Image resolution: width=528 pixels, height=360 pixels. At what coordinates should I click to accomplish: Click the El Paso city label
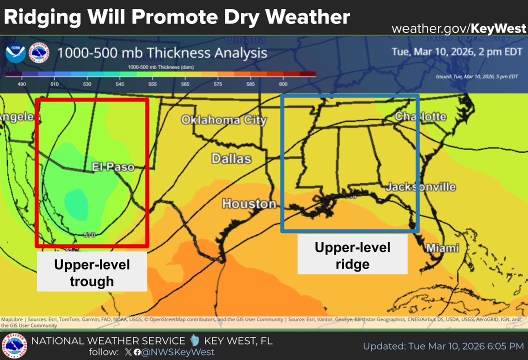coord(113,167)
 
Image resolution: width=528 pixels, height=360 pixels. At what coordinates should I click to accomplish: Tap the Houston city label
coord(249,204)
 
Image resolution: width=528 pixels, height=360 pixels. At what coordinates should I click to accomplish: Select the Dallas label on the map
coord(231,159)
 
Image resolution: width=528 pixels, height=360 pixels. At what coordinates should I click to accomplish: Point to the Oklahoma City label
coord(223,120)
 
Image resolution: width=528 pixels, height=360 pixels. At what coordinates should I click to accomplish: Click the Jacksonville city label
coord(420,187)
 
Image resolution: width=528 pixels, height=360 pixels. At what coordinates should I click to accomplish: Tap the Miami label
coord(442,248)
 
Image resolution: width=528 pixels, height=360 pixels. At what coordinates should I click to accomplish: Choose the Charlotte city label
coord(420,116)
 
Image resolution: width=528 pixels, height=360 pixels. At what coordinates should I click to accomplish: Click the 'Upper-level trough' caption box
coord(92,272)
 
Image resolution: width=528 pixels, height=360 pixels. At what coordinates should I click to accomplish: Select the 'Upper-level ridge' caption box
coord(352,255)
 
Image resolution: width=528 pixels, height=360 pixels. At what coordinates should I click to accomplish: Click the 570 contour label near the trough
coord(89,234)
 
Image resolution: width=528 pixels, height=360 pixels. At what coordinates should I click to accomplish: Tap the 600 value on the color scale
coord(283,84)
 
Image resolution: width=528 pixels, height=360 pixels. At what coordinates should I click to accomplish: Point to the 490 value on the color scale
coord(21,84)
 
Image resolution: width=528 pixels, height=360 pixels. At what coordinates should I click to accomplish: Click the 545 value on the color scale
coord(119,84)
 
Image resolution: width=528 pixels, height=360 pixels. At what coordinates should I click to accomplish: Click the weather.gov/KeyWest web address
coord(458,28)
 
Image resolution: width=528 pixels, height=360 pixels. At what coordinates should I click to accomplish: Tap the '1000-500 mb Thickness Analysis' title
coord(162,52)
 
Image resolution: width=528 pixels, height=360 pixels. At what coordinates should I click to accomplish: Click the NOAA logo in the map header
coord(16,53)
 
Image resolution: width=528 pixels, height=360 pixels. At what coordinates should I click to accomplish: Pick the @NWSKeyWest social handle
coord(178,352)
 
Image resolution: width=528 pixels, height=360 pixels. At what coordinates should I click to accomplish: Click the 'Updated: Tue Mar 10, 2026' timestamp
coord(443,346)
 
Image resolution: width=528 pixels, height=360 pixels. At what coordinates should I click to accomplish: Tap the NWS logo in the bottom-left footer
coord(14,346)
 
